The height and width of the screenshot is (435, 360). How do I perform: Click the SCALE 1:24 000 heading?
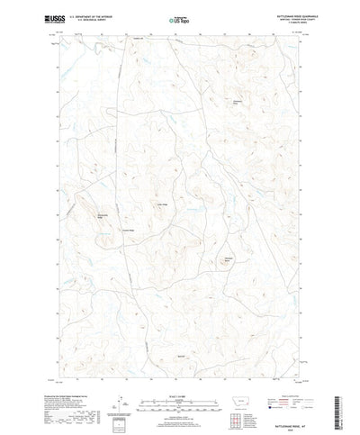[x=180, y=364]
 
